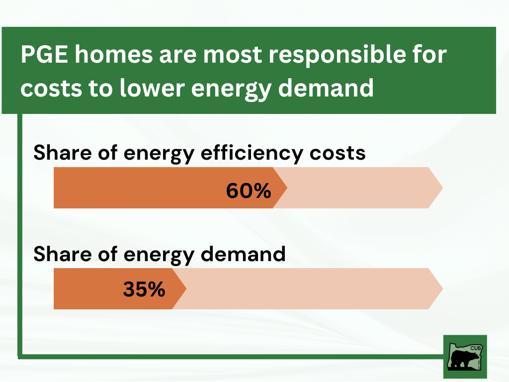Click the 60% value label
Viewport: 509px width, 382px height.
[248, 191]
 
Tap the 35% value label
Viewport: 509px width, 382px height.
[144, 289]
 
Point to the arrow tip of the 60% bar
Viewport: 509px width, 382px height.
[285, 188]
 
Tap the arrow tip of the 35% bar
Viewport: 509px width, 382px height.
[184, 288]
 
